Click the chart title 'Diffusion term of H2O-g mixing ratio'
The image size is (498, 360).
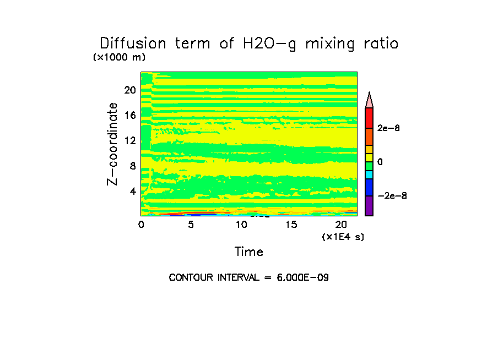(x=248, y=44)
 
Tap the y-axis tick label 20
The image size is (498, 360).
(x=129, y=90)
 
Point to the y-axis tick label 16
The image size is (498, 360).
(x=129, y=115)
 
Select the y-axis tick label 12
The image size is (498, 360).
(x=129, y=140)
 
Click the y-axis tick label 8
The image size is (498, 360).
(x=132, y=166)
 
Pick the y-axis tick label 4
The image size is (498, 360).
(x=132, y=191)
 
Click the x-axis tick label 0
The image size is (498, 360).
(x=141, y=225)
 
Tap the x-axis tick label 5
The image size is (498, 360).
(x=191, y=225)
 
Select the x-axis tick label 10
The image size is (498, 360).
(x=241, y=225)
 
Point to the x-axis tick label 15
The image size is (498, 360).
(x=291, y=225)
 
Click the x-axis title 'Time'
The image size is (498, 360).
(x=249, y=252)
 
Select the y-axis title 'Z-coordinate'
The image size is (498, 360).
(x=113, y=144)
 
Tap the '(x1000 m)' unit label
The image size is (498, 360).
(x=119, y=57)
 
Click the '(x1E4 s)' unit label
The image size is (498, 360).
(x=343, y=237)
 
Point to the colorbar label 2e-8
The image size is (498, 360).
(x=388, y=128)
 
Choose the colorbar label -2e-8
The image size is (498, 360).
(x=392, y=196)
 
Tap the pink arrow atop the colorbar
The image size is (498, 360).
(x=369, y=100)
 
